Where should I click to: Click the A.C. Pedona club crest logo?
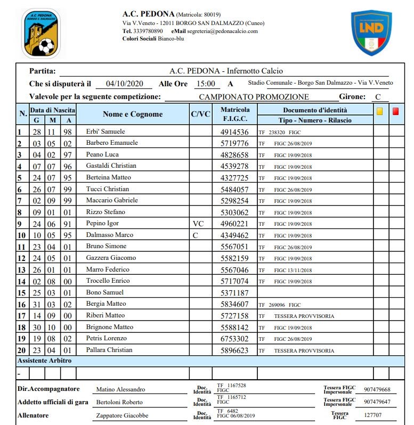[41, 33]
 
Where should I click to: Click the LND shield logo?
[371, 33]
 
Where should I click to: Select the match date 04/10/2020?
[126, 84]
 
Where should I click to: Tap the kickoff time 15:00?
[206, 84]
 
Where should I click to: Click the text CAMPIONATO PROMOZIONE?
[254, 97]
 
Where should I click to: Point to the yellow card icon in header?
[380, 112]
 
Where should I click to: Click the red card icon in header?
[396, 112]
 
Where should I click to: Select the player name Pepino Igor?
[103, 223]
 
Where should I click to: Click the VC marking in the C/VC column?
[198, 223]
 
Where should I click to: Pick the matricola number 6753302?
[234, 339]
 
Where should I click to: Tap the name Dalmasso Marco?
[107, 235]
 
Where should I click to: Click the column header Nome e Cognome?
[133, 114]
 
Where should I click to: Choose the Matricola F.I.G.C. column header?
[234, 114]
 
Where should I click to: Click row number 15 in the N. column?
[21, 292]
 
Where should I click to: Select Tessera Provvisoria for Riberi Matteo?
[304, 316]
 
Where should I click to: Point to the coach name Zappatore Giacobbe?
[122, 415]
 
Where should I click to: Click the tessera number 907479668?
[377, 389]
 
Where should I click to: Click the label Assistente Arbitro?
[45, 361]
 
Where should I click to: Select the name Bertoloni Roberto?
[119, 402]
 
